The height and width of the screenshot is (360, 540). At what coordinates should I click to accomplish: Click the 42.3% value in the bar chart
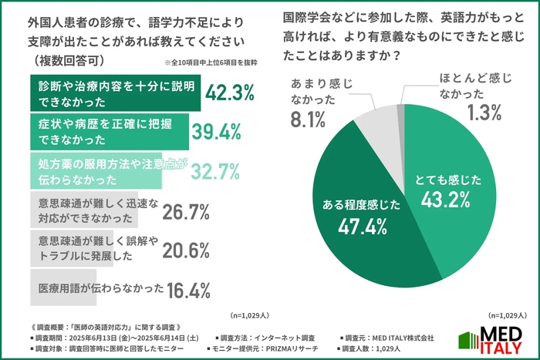(x=229, y=93)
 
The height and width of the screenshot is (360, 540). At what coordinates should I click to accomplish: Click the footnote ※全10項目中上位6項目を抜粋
(x=220, y=62)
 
